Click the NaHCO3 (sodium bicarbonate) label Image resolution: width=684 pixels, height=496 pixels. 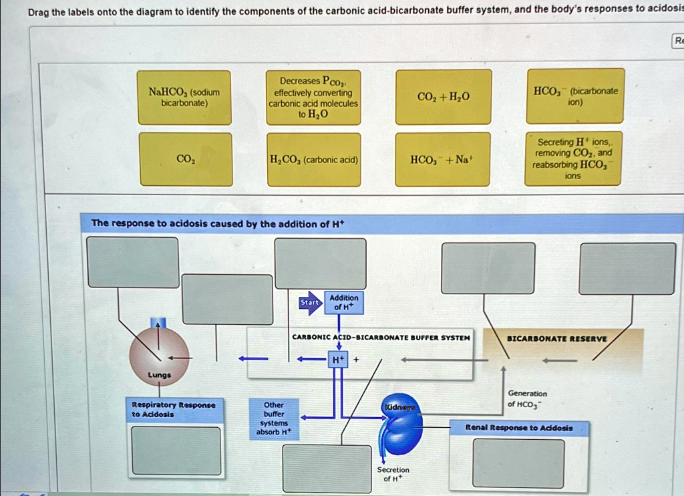[184, 98]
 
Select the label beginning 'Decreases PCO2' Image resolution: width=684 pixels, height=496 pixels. [313, 98]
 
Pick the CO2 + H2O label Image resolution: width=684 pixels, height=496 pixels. [443, 98]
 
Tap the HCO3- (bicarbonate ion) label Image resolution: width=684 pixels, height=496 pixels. [575, 96]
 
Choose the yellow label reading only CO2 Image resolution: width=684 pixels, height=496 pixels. [185, 159]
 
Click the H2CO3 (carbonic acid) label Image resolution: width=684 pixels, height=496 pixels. [313, 160]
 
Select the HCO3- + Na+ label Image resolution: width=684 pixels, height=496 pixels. [443, 160]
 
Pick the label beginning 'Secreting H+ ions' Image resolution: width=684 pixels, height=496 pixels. [573, 159]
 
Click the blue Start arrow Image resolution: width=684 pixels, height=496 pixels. [310, 303]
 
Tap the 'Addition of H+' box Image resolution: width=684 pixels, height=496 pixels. [343, 302]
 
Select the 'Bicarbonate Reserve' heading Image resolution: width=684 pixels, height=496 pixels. [557, 338]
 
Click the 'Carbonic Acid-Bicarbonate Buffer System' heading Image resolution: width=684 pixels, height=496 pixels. [381, 338]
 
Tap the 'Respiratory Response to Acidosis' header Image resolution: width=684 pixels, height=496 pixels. [173, 410]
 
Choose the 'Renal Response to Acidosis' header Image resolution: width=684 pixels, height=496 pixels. [519, 428]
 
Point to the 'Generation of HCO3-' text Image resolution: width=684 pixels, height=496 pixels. [527, 398]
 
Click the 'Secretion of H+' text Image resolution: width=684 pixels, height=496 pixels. [393, 474]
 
